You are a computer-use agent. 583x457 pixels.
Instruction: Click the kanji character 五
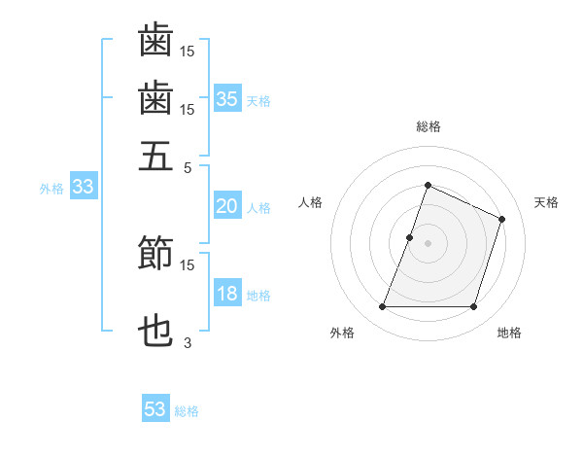(155, 155)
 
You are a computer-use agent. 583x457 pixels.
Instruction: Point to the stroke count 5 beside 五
(188, 166)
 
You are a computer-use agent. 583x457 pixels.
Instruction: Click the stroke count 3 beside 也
(188, 342)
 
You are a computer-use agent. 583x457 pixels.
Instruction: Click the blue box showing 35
(227, 98)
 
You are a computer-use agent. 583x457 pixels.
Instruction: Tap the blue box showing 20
(227, 206)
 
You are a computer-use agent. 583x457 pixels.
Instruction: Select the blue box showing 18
(227, 294)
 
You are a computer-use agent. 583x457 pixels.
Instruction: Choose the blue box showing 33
(83, 188)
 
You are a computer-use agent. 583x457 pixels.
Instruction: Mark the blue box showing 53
(155, 409)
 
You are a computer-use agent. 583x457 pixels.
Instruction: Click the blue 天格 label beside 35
(258, 100)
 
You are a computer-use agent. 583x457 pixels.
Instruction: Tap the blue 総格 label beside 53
(187, 411)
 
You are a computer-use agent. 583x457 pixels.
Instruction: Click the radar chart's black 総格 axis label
(428, 126)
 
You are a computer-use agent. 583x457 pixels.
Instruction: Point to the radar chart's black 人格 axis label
(311, 202)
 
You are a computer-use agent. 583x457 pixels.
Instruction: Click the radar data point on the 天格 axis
(502, 219)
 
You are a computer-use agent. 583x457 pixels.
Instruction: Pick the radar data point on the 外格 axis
(382, 307)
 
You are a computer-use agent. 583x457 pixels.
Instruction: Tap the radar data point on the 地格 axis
(474, 307)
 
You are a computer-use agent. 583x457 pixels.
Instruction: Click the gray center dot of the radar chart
(428, 243)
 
